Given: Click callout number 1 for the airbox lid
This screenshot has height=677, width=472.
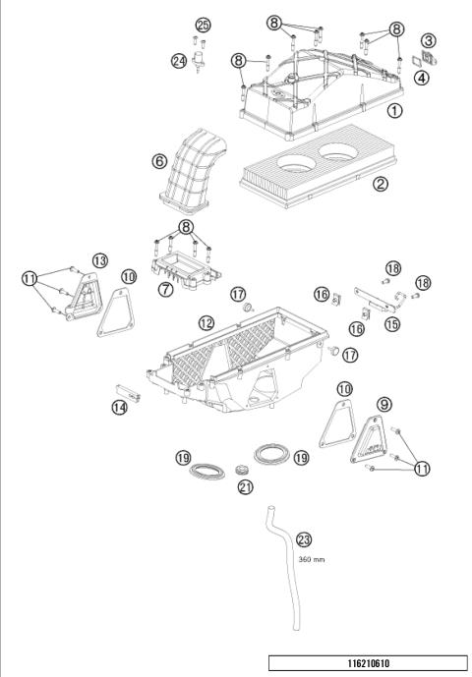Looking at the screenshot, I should point(393,111).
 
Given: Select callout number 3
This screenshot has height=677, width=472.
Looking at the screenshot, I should point(429,40).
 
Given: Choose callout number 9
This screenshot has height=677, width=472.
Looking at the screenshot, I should point(383,403).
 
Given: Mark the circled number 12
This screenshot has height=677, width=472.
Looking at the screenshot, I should point(206,322).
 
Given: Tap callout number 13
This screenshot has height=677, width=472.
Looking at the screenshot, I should point(99,259).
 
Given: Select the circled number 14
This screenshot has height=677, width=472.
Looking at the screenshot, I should point(119,407).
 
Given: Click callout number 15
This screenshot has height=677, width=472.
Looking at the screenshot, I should point(391,323).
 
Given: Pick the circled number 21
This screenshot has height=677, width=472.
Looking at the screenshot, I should point(244,485).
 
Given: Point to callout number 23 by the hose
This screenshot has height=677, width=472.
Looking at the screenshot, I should point(303,538).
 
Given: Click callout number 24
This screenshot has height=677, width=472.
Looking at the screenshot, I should point(178,60).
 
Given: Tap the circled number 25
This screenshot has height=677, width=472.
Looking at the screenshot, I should point(203,24).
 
